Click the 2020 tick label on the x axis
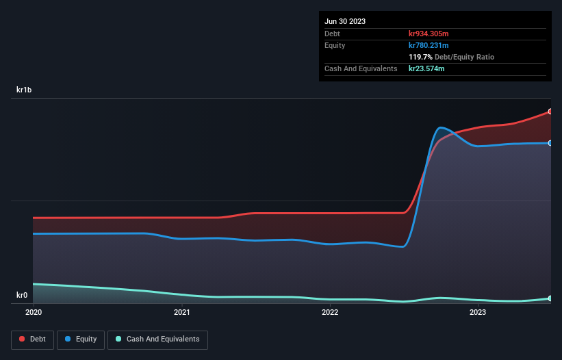[34, 312]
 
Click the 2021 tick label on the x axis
[182, 312]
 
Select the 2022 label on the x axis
[330, 312]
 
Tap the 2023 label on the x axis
[478, 312]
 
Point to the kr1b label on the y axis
[25, 90]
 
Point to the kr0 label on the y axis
[22, 296]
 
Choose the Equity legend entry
[81, 339]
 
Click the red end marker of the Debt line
[550, 112]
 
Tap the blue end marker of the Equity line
[550, 143]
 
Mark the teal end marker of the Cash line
[550, 298]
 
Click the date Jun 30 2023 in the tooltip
[345, 21]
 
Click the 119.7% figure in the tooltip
[422, 57]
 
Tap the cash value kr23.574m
[427, 68]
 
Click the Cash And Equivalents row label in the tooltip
[361, 68]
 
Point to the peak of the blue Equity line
[442, 127]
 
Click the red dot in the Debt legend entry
[22, 339]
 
